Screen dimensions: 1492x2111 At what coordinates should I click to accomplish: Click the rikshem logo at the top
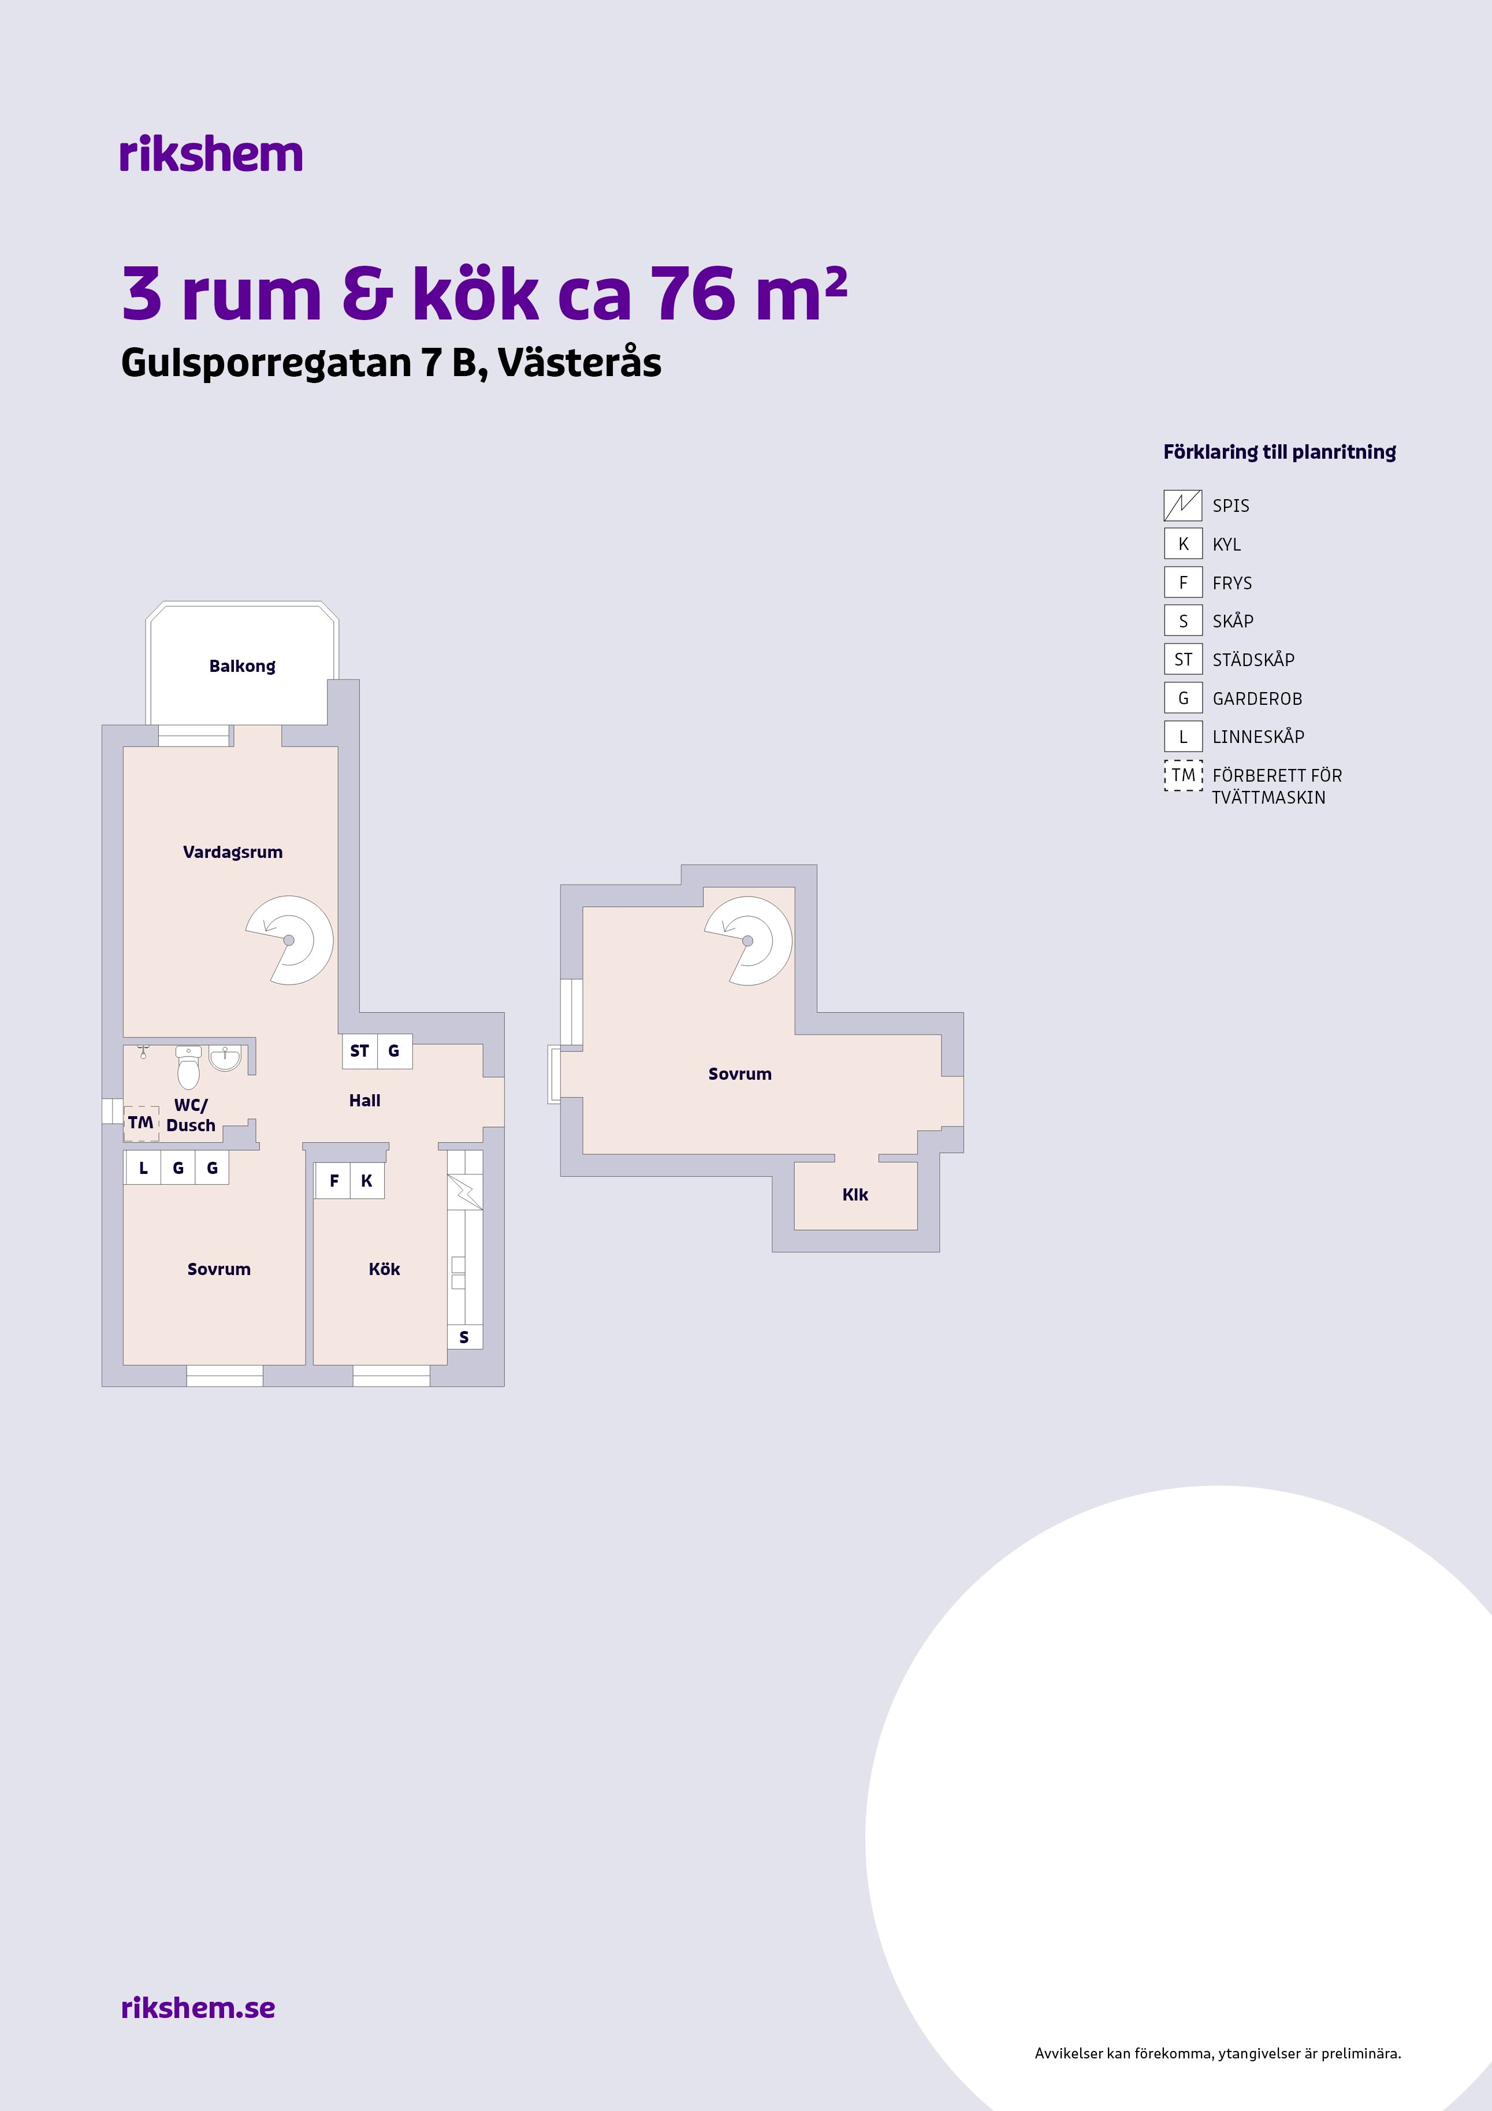click(x=210, y=154)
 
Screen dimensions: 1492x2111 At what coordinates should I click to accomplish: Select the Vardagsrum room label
click(x=233, y=852)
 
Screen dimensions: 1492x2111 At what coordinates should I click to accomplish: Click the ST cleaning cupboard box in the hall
click(x=359, y=1051)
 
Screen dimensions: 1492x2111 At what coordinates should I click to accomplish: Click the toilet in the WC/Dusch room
click(x=188, y=1068)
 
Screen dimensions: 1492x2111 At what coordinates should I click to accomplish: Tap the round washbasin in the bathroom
click(x=225, y=1058)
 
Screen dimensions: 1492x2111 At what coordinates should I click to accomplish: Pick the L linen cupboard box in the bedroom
click(x=143, y=1168)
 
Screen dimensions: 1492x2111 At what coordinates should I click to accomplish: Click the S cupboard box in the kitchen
click(x=464, y=1337)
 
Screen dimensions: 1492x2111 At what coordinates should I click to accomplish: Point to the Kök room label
click(x=384, y=1269)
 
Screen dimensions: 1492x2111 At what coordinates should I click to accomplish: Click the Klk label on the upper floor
click(x=855, y=1194)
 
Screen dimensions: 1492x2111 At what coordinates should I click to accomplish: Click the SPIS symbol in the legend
click(x=1183, y=506)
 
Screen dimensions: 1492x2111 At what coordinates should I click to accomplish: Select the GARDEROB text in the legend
click(x=1257, y=699)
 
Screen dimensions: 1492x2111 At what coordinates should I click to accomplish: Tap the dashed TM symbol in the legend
click(x=1183, y=775)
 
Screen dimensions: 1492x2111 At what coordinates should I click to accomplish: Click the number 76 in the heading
click(x=693, y=294)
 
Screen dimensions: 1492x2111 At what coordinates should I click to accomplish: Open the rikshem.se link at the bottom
click(x=198, y=2007)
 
